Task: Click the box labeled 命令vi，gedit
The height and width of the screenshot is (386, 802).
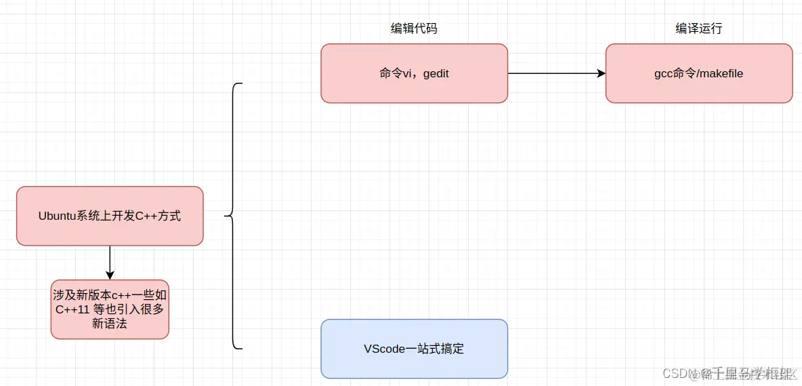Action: tap(414, 73)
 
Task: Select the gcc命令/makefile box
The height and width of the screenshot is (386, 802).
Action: tap(698, 73)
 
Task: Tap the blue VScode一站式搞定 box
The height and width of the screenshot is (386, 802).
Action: tap(414, 349)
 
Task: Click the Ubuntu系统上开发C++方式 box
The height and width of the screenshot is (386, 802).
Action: tap(110, 216)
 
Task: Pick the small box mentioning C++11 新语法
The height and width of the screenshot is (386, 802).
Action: tap(110, 309)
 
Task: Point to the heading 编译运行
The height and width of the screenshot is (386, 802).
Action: tap(698, 28)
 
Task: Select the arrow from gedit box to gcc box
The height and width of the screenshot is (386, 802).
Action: tap(555, 73)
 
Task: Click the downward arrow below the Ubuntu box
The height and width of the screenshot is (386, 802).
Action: tap(110, 262)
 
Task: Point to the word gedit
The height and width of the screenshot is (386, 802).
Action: tap(436, 73)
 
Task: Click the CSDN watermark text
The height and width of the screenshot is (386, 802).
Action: tap(728, 373)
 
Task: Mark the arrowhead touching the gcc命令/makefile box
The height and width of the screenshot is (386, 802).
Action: tap(601, 73)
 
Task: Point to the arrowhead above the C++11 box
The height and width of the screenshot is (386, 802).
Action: tap(110, 275)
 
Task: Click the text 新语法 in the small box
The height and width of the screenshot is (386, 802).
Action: tap(110, 324)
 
